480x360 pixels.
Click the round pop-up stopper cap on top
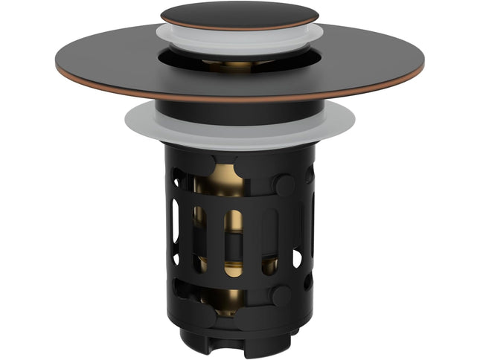[x=239, y=14]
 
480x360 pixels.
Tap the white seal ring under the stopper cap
[x=239, y=36]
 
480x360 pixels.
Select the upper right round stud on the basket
[x=284, y=185]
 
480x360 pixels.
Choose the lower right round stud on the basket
[x=281, y=295]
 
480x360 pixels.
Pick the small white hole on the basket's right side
[x=297, y=258]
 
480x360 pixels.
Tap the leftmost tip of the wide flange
[x=57, y=66]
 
